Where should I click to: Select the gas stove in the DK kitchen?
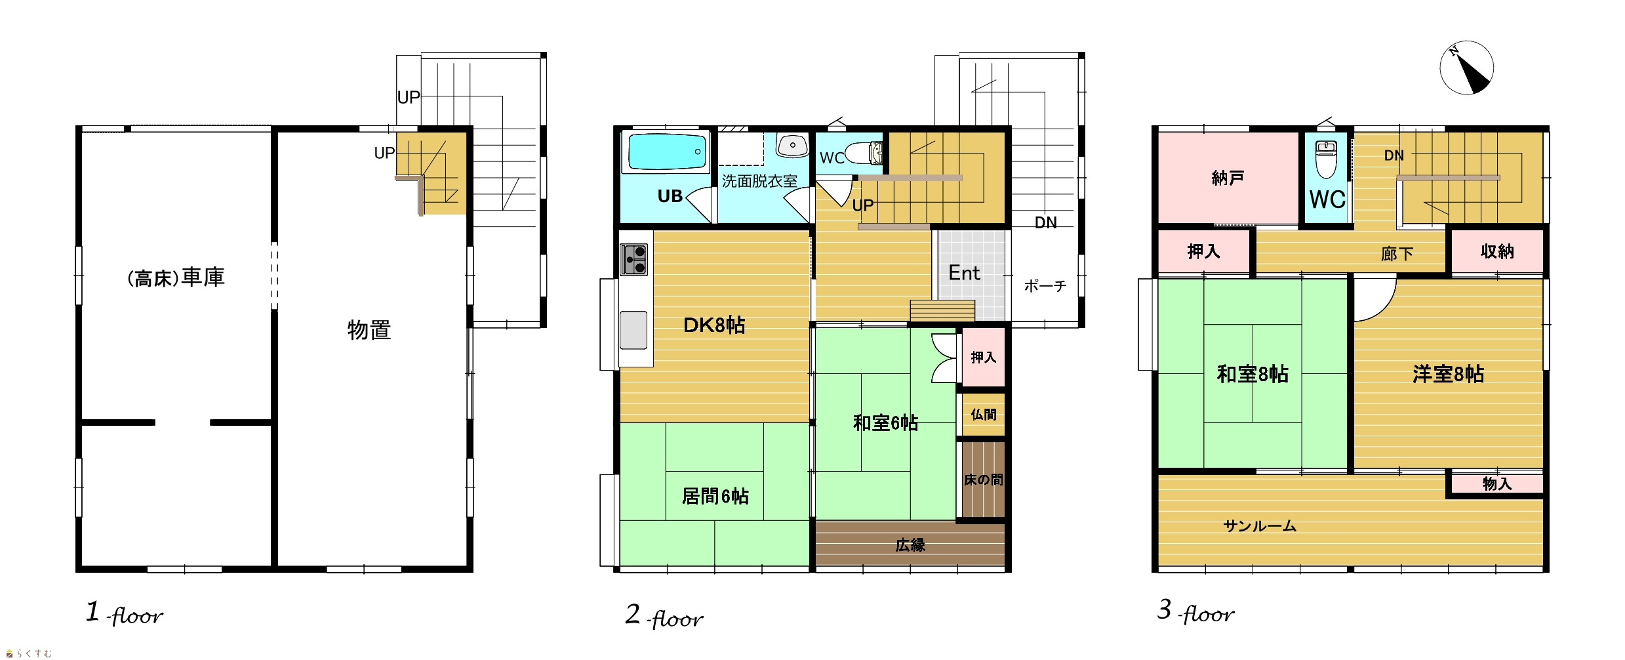click(633, 259)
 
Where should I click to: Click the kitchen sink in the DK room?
click(633, 329)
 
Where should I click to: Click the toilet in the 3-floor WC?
click(1326, 159)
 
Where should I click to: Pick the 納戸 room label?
click(1228, 178)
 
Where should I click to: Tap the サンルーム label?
click(1260, 526)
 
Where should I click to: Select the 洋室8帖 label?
click(1448, 374)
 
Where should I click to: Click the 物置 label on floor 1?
click(369, 329)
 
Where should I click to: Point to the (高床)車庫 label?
click(176, 278)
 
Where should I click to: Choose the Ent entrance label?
click(964, 273)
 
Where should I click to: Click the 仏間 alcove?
click(983, 414)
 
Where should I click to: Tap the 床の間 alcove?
click(983, 480)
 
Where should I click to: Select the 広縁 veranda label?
click(910, 545)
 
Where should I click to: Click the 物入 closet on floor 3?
click(1496, 484)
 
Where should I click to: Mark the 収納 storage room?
click(1497, 251)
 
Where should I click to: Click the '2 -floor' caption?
click(664, 616)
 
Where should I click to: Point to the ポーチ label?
click(1045, 286)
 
